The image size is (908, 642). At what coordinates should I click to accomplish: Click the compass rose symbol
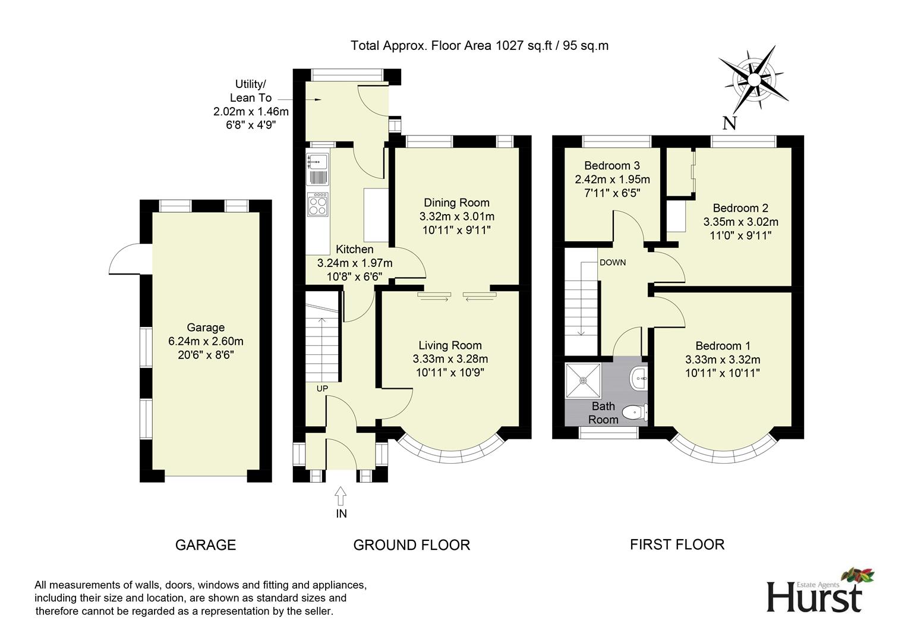coord(753,80)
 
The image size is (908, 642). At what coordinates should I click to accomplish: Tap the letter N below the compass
coord(730,122)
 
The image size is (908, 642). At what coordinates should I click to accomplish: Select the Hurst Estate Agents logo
coord(820,590)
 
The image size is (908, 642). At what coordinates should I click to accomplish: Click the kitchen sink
coord(317,168)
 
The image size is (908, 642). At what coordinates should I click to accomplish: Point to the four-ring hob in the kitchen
coord(318,204)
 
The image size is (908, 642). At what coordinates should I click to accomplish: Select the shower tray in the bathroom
coord(584,380)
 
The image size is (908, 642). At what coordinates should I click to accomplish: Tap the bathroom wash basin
coord(639,379)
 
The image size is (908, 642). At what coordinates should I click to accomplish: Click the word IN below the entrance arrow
coord(341,514)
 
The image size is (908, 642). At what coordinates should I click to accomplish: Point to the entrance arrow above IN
coord(340,496)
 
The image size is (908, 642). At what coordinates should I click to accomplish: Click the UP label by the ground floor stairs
coord(322,389)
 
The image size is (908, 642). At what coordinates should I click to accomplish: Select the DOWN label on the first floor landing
coord(613,262)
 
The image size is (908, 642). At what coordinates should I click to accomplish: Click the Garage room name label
coord(206,328)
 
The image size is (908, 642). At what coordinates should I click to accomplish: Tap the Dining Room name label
coord(456,202)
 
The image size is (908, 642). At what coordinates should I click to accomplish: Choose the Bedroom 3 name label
coord(611,165)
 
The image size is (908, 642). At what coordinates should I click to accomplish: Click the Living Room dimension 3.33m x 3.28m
coord(450,358)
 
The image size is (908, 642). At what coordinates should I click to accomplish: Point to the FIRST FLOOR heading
coord(677,545)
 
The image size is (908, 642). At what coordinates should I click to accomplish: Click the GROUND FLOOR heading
coord(411,545)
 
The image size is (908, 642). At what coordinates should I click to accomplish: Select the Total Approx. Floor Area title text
coord(480,45)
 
